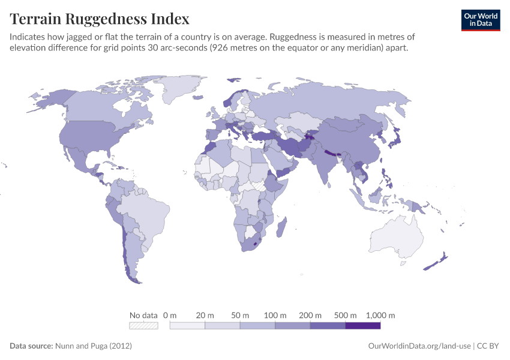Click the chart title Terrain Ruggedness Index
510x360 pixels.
point(100,19)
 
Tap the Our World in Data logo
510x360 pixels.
point(480,20)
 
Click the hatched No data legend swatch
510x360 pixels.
point(143,326)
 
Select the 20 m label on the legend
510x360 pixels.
point(205,315)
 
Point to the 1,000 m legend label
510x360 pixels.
point(380,315)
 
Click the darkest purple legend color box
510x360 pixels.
point(363,326)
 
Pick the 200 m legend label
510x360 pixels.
point(311,315)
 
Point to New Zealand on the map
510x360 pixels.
point(437,262)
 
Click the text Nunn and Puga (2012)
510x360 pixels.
point(93,346)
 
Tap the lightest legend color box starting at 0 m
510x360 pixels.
point(187,326)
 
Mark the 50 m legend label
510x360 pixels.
point(240,315)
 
